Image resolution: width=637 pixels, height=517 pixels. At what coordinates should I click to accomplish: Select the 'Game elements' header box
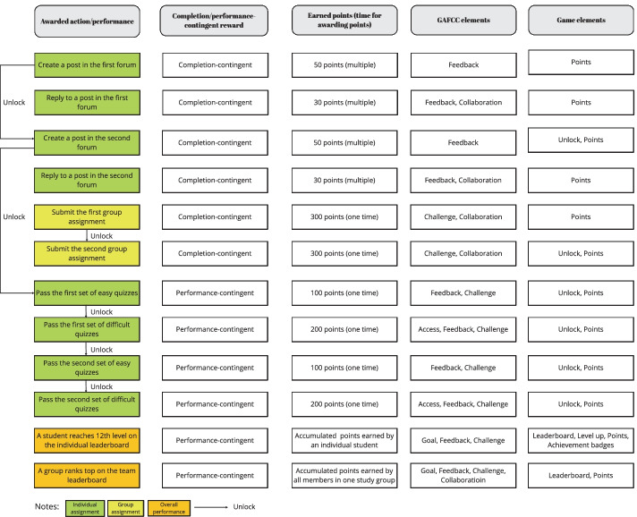[x=577, y=21]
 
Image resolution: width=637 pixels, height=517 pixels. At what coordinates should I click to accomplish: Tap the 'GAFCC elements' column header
[x=463, y=21]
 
